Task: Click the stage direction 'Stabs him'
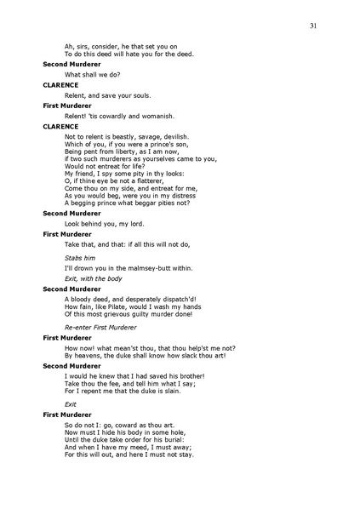click(x=80, y=256)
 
